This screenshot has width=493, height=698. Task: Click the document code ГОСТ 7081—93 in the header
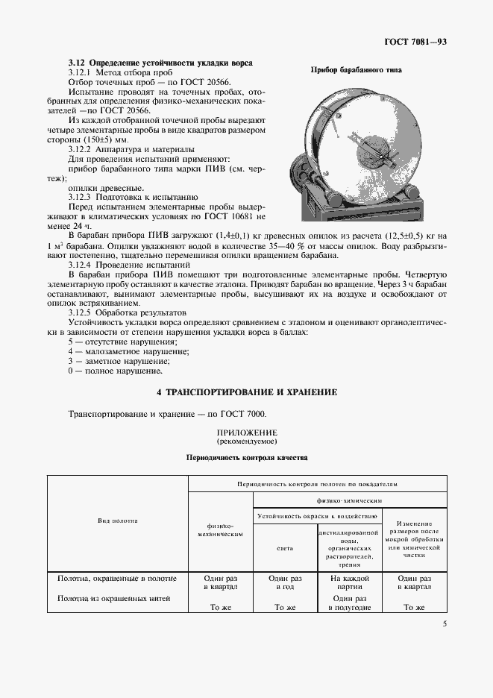[x=416, y=43]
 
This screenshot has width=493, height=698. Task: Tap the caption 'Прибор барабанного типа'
[x=356, y=70]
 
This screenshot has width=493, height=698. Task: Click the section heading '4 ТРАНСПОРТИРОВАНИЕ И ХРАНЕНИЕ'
[x=246, y=392]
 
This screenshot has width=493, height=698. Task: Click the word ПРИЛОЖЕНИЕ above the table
[x=246, y=433]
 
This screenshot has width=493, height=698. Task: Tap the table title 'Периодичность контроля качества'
[x=246, y=457]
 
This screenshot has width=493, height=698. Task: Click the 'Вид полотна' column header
[x=117, y=521]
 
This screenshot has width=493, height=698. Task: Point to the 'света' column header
[x=285, y=547]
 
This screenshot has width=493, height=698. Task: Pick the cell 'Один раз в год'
[x=285, y=582]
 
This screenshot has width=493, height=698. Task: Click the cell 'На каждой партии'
[x=350, y=582]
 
